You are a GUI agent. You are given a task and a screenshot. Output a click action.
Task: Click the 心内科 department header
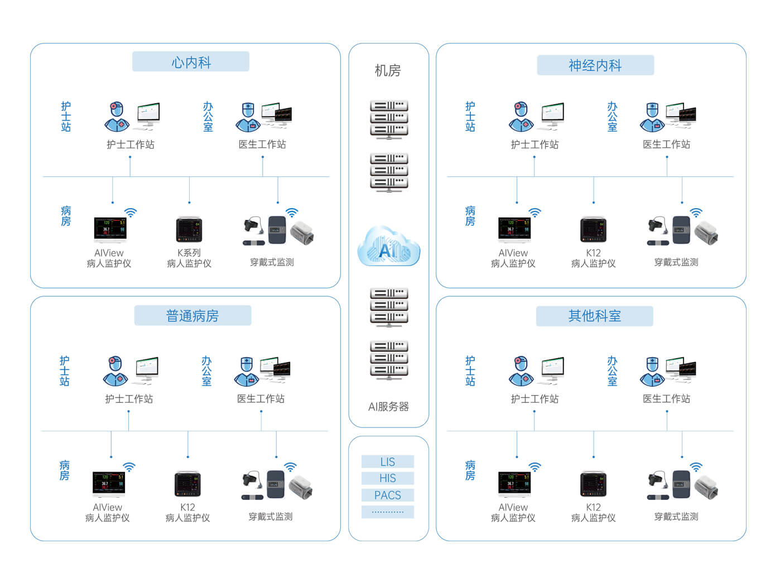click(x=190, y=62)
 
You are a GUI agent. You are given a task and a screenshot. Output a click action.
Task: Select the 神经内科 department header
click(x=595, y=65)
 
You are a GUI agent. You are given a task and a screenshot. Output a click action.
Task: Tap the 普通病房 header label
click(x=192, y=316)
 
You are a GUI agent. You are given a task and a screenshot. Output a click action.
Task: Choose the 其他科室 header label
click(x=594, y=316)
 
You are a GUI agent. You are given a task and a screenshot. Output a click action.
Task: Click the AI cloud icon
click(x=388, y=247)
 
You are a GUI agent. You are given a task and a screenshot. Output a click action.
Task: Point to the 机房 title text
click(x=388, y=71)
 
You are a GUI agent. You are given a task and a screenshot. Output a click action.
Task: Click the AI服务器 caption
click(x=388, y=407)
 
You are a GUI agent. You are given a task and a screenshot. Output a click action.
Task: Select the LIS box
click(x=388, y=462)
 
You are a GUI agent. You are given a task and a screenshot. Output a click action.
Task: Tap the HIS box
click(x=388, y=478)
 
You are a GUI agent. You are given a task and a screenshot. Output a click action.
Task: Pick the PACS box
click(x=388, y=495)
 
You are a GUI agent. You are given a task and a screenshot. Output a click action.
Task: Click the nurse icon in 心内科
click(x=116, y=117)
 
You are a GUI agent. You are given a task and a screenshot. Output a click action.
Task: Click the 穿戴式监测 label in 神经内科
click(x=676, y=262)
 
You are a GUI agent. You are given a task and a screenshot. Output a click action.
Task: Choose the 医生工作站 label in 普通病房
click(x=261, y=399)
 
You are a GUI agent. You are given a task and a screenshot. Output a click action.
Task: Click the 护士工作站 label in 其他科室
click(x=535, y=399)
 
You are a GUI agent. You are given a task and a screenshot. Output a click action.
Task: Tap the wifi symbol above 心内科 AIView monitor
click(x=131, y=213)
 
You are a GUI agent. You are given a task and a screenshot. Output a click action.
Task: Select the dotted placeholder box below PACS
click(x=388, y=512)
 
